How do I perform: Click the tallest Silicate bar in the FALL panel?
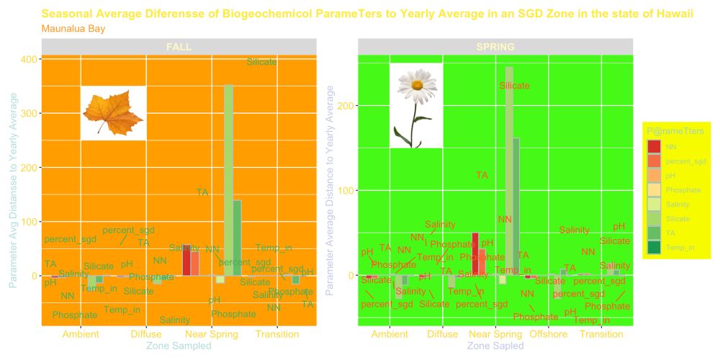(228, 180)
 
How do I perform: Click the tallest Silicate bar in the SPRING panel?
(509, 173)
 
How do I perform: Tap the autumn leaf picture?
(113, 113)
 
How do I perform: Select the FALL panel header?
(179, 47)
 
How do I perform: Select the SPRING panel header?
(495, 47)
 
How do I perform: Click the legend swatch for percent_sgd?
(654, 161)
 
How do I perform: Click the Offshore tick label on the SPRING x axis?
(549, 335)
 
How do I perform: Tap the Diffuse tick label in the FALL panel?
(146, 335)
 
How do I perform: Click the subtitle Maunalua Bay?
(73, 29)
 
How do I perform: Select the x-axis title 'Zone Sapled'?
(495, 346)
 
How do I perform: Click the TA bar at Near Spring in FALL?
(237, 238)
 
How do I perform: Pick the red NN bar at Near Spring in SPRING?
(475, 253)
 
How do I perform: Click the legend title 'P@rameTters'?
(675, 130)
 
